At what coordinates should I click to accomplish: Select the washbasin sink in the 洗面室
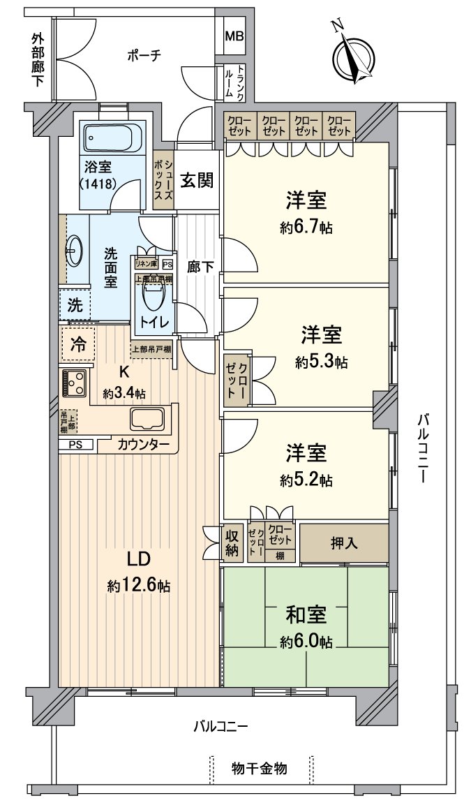click(75, 249)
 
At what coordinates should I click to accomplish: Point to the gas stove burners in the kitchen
click(74, 383)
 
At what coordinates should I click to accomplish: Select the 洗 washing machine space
click(74, 305)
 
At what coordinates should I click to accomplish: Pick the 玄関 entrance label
click(197, 180)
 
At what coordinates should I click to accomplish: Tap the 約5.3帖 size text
click(321, 362)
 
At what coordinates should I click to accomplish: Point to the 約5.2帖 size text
click(306, 480)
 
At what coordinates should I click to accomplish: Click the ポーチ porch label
click(144, 56)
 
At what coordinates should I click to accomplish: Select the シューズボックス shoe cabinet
click(163, 180)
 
